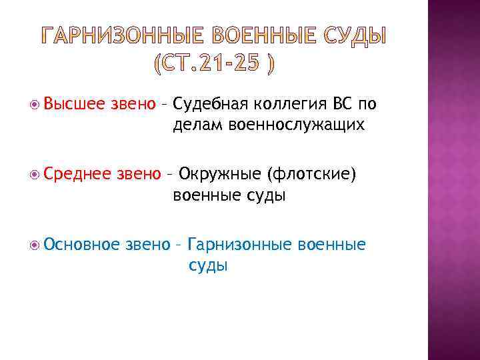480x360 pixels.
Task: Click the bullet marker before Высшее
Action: point(33,104)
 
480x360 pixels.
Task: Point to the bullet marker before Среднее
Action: point(33,175)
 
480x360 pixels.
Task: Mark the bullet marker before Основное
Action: point(33,245)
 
